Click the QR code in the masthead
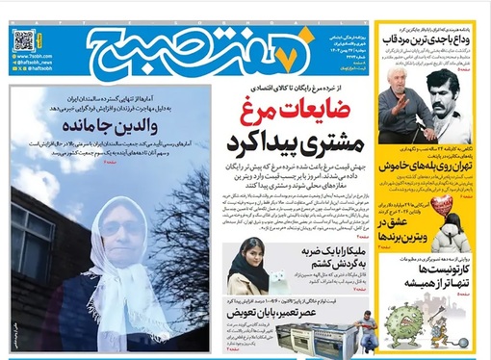tap(24, 39)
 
